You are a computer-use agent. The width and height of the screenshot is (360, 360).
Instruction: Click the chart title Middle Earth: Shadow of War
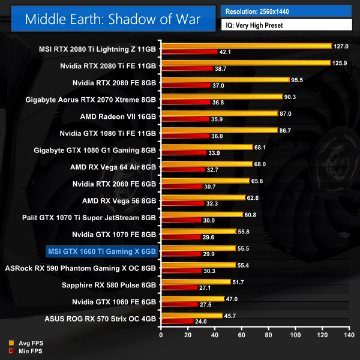point(112,19)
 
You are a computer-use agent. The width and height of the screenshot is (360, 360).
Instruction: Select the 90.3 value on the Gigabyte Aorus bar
point(292,96)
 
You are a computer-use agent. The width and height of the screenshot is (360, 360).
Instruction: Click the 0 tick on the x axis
point(161,334)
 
